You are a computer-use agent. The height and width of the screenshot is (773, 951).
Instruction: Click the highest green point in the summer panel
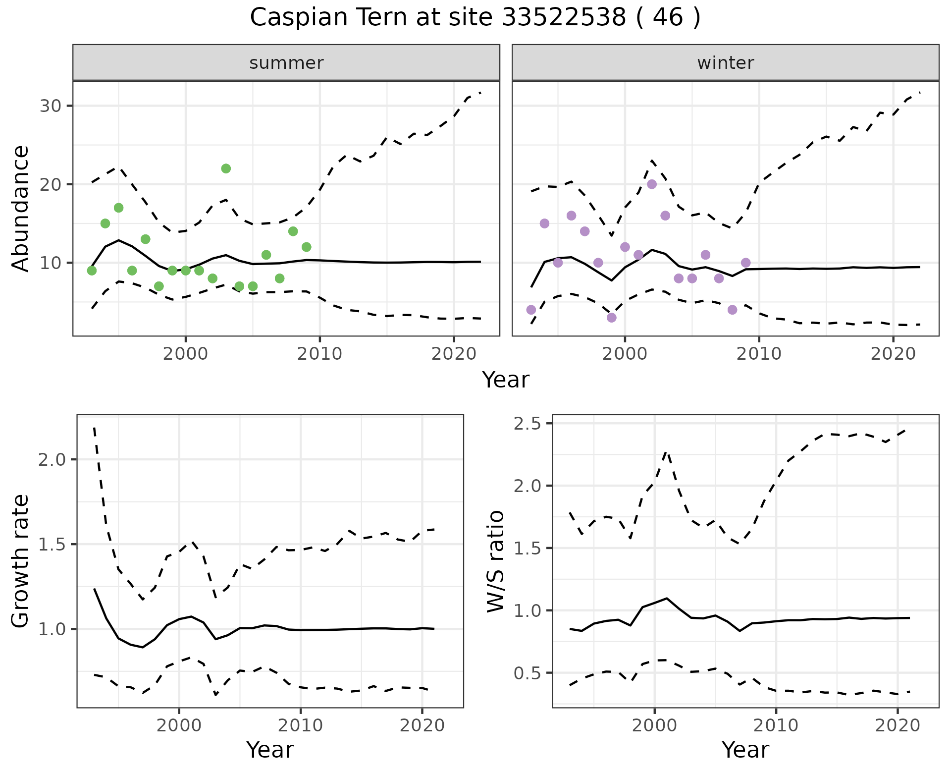click(226, 168)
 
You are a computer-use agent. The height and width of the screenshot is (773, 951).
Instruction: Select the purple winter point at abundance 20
click(652, 184)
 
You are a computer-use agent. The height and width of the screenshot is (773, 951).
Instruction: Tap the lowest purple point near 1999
click(612, 318)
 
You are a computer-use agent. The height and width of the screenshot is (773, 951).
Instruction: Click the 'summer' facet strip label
click(286, 63)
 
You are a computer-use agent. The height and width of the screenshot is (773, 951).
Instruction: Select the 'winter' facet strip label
click(725, 63)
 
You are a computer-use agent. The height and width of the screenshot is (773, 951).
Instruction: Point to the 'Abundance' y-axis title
click(21, 208)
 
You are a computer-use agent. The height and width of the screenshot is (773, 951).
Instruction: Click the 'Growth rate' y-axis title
click(21, 561)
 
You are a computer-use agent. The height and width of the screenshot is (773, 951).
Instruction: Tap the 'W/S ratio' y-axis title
click(495, 561)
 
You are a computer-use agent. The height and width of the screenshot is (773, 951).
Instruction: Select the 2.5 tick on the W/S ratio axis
click(528, 424)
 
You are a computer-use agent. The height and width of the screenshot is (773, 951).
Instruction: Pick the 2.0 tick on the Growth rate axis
click(52, 460)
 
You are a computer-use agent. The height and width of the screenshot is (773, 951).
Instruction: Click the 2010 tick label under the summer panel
click(319, 354)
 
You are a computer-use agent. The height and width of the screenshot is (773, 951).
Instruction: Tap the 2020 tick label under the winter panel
click(893, 354)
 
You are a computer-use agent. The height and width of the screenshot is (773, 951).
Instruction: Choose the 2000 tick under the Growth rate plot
click(179, 726)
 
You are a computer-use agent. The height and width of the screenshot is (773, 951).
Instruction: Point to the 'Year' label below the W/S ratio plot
click(745, 750)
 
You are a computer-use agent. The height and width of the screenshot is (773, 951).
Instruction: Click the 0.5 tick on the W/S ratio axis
click(528, 673)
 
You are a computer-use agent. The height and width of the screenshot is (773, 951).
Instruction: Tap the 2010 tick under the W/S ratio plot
click(776, 726)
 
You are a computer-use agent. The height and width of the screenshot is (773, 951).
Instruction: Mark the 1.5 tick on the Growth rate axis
click(52, 545)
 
